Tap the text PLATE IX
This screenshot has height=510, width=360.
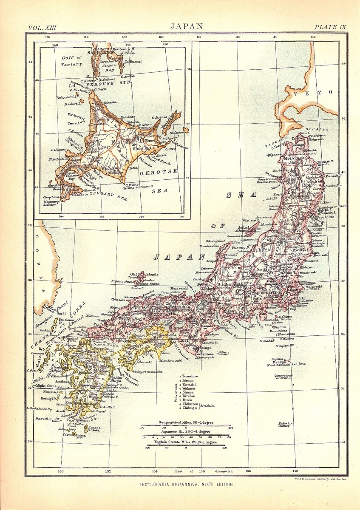tap(330, 27)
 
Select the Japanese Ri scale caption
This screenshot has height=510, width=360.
tap(186, 431)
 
